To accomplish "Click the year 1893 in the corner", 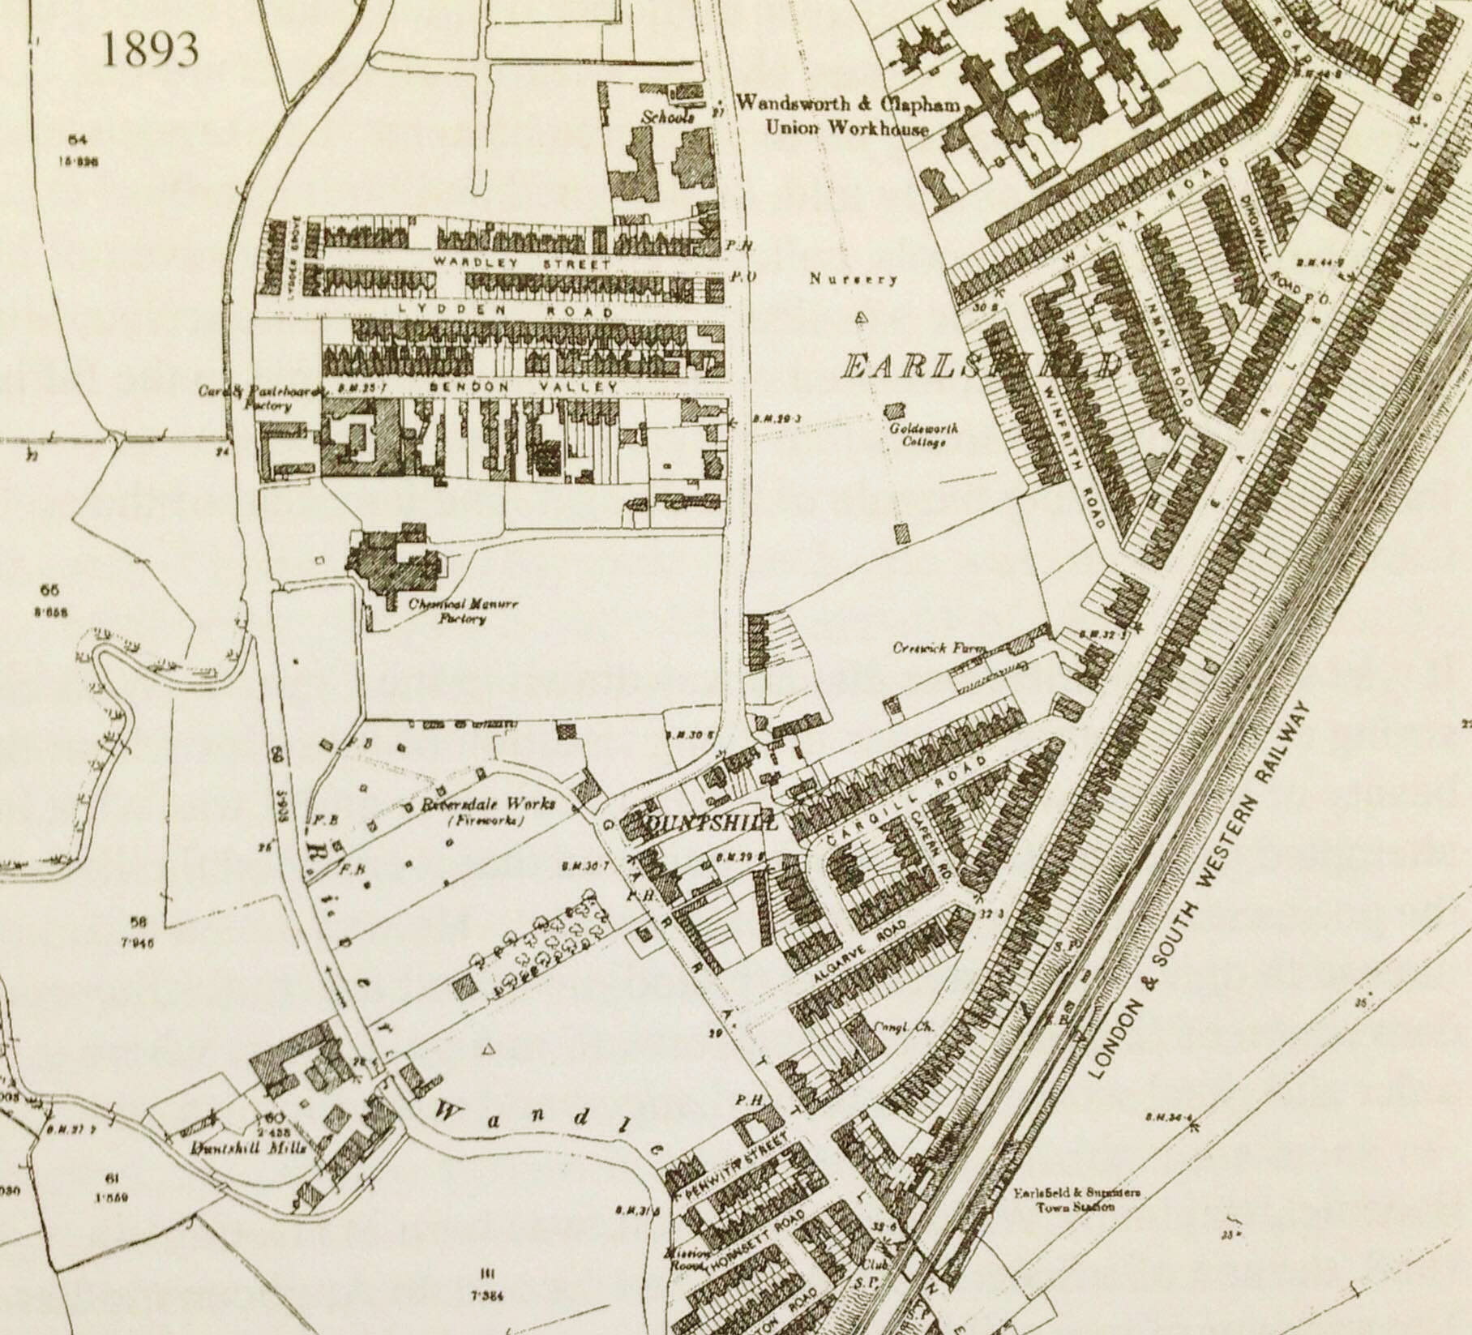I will pyautogui.click(x=150, y=50).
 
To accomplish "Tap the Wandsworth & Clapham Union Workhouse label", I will pyautogui.click(x=848, y=115).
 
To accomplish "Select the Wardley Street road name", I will pyautogui.click(x=520, y=263).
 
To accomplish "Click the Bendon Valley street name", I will pyautogui.click(x=524, y=387).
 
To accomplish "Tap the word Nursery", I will pyautogui.click(x=854, y=280).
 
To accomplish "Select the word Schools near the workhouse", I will pyautogui.click(x=669, y=117).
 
